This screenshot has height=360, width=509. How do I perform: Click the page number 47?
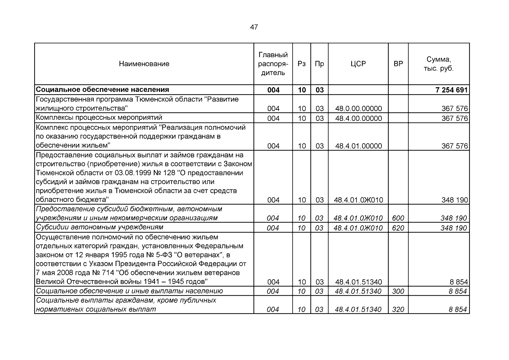tap(254, 27)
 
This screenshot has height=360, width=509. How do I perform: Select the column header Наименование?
tap(144, 64)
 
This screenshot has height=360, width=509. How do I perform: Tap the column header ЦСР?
tap(358, 64)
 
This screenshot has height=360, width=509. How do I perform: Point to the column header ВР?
tap(398, 64)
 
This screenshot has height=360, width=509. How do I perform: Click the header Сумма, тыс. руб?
tap(439, 64)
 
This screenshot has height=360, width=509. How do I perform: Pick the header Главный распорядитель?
tap(273, 64)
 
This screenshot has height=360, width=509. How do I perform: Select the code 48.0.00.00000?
tap(358, 109)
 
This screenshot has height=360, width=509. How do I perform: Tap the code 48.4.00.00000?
tap(358, 118)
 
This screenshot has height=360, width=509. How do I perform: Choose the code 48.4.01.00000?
tap(358, 146)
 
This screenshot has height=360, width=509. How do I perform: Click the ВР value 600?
tap(398, 218)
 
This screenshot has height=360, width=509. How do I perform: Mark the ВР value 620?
tap(398, 228)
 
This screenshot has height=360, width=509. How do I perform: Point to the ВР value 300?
tap(398, 291)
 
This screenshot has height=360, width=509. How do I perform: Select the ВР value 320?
tap(398, 309)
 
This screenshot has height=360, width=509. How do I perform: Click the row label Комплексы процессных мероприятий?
tap(99, 117)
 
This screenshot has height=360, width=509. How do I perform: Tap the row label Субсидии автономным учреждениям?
tap(100, 227)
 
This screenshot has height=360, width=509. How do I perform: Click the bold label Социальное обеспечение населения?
tap(102, 90)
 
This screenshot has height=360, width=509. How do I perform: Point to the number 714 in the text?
tap(108, 273)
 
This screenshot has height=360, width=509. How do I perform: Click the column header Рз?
tap(301, 64)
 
